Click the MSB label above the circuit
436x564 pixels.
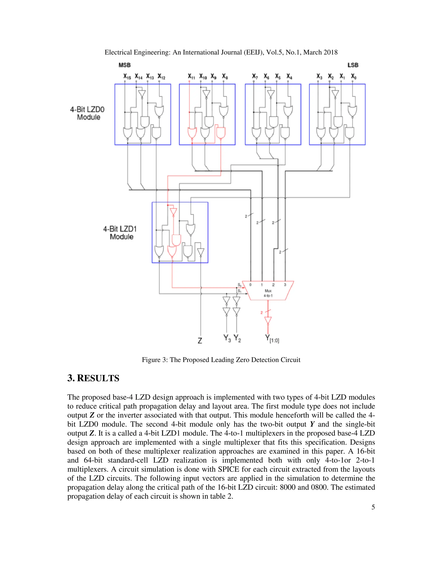coord(125,65)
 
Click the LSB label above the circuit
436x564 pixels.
coord(353,65)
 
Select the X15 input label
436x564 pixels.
coord(127,77)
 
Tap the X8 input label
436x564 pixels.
coord(225,77)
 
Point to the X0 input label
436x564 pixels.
coord(354,77)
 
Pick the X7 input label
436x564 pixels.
coord(255,77)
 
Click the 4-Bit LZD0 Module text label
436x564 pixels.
coord(87,113)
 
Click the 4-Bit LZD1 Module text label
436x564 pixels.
coord(120,233)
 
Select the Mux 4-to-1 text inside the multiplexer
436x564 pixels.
coord(268,293)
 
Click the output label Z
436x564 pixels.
coord(200,341)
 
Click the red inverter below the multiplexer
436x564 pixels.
coord(268,321)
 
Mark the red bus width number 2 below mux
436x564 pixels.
coord(261,313)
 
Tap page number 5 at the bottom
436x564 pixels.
coord(373,507)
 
